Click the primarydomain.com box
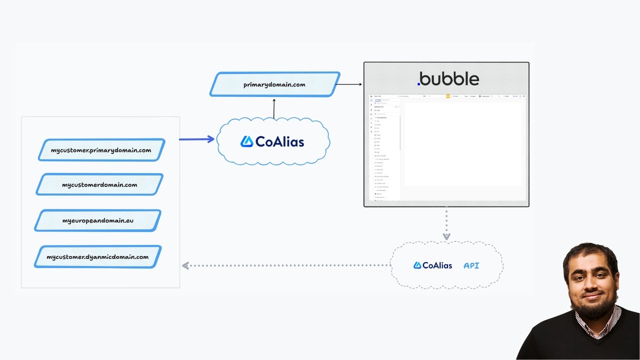click(274, 84)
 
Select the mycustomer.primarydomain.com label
click(101, 150)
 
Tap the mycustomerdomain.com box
click(99, 184)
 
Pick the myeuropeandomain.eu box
click(98, 220)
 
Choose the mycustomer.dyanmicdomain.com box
click(97, 257)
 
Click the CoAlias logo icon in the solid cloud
click(246, 141)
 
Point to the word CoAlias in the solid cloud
click(279, 142)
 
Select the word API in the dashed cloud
click(471, 265)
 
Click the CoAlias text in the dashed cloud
click(437, 265)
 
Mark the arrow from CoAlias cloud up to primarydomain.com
click(274, 108)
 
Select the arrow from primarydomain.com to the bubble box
click(351, 84)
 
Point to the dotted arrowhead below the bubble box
click(446, 236)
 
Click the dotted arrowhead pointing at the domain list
click(185, 265)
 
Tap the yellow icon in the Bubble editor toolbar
click(448, 96)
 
